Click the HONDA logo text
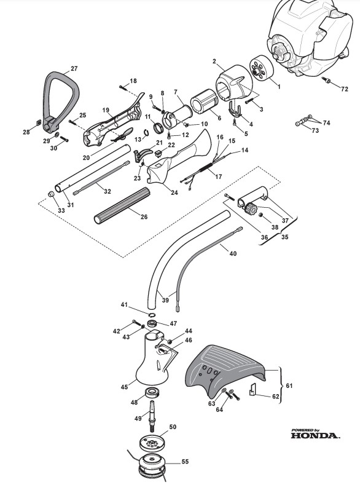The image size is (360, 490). click(x=315, y=435)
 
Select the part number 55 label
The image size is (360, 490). click(x=185, y=461)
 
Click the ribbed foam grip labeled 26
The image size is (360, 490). click(x=122, y=205)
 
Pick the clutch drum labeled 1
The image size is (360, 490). click(x=262, y=69)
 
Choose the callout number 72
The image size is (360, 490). click(x=344, y=89)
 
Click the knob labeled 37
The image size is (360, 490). click(x=251, y=208)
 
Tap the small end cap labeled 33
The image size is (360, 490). click(x=51, y=195)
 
